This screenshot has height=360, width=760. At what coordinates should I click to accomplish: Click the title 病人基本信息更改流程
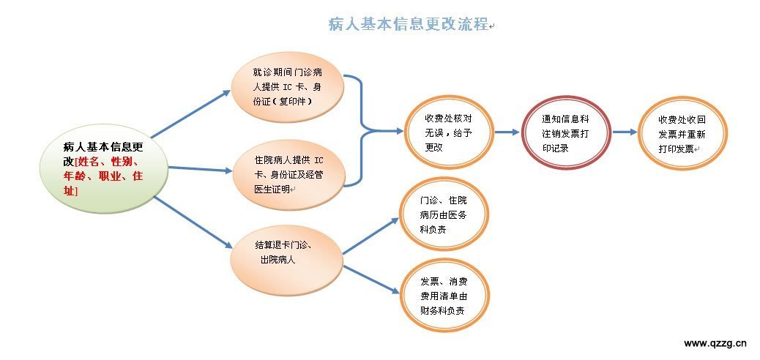pos(409,24)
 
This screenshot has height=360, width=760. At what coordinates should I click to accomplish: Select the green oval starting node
pos(104,168)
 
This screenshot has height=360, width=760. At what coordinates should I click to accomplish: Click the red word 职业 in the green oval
pos(110,176)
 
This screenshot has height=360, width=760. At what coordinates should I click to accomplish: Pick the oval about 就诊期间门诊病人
pos(287,87)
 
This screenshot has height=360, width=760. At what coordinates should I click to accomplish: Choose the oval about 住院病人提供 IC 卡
pos(289,174)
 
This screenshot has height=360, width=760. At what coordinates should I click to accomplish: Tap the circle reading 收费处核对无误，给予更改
pos(449,132)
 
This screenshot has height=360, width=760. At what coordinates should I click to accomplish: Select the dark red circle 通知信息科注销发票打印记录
pos(566,132)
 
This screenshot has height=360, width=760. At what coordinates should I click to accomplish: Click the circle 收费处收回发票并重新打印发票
pos(682,133)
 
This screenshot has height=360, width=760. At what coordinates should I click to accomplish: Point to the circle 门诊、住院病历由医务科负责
pos(444,214)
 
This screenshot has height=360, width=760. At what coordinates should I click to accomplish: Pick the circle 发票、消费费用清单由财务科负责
pos(445,296)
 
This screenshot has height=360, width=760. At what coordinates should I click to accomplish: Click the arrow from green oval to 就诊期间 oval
pos(190,114)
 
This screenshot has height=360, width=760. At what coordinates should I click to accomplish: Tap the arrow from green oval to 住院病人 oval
pos(200,169)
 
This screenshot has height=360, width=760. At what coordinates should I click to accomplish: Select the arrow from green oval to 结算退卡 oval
pos(193,222)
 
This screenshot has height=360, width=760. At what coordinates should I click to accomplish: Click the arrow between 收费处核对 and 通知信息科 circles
pos(507,132)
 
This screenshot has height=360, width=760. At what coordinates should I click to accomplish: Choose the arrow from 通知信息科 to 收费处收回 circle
pos(625,132)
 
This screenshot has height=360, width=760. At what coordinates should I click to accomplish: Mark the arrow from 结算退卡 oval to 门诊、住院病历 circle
pos(370,236)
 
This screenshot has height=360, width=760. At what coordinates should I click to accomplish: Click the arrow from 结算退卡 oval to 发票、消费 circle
pos(372,280)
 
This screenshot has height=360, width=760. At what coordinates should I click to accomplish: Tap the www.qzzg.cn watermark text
pos(715,343)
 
